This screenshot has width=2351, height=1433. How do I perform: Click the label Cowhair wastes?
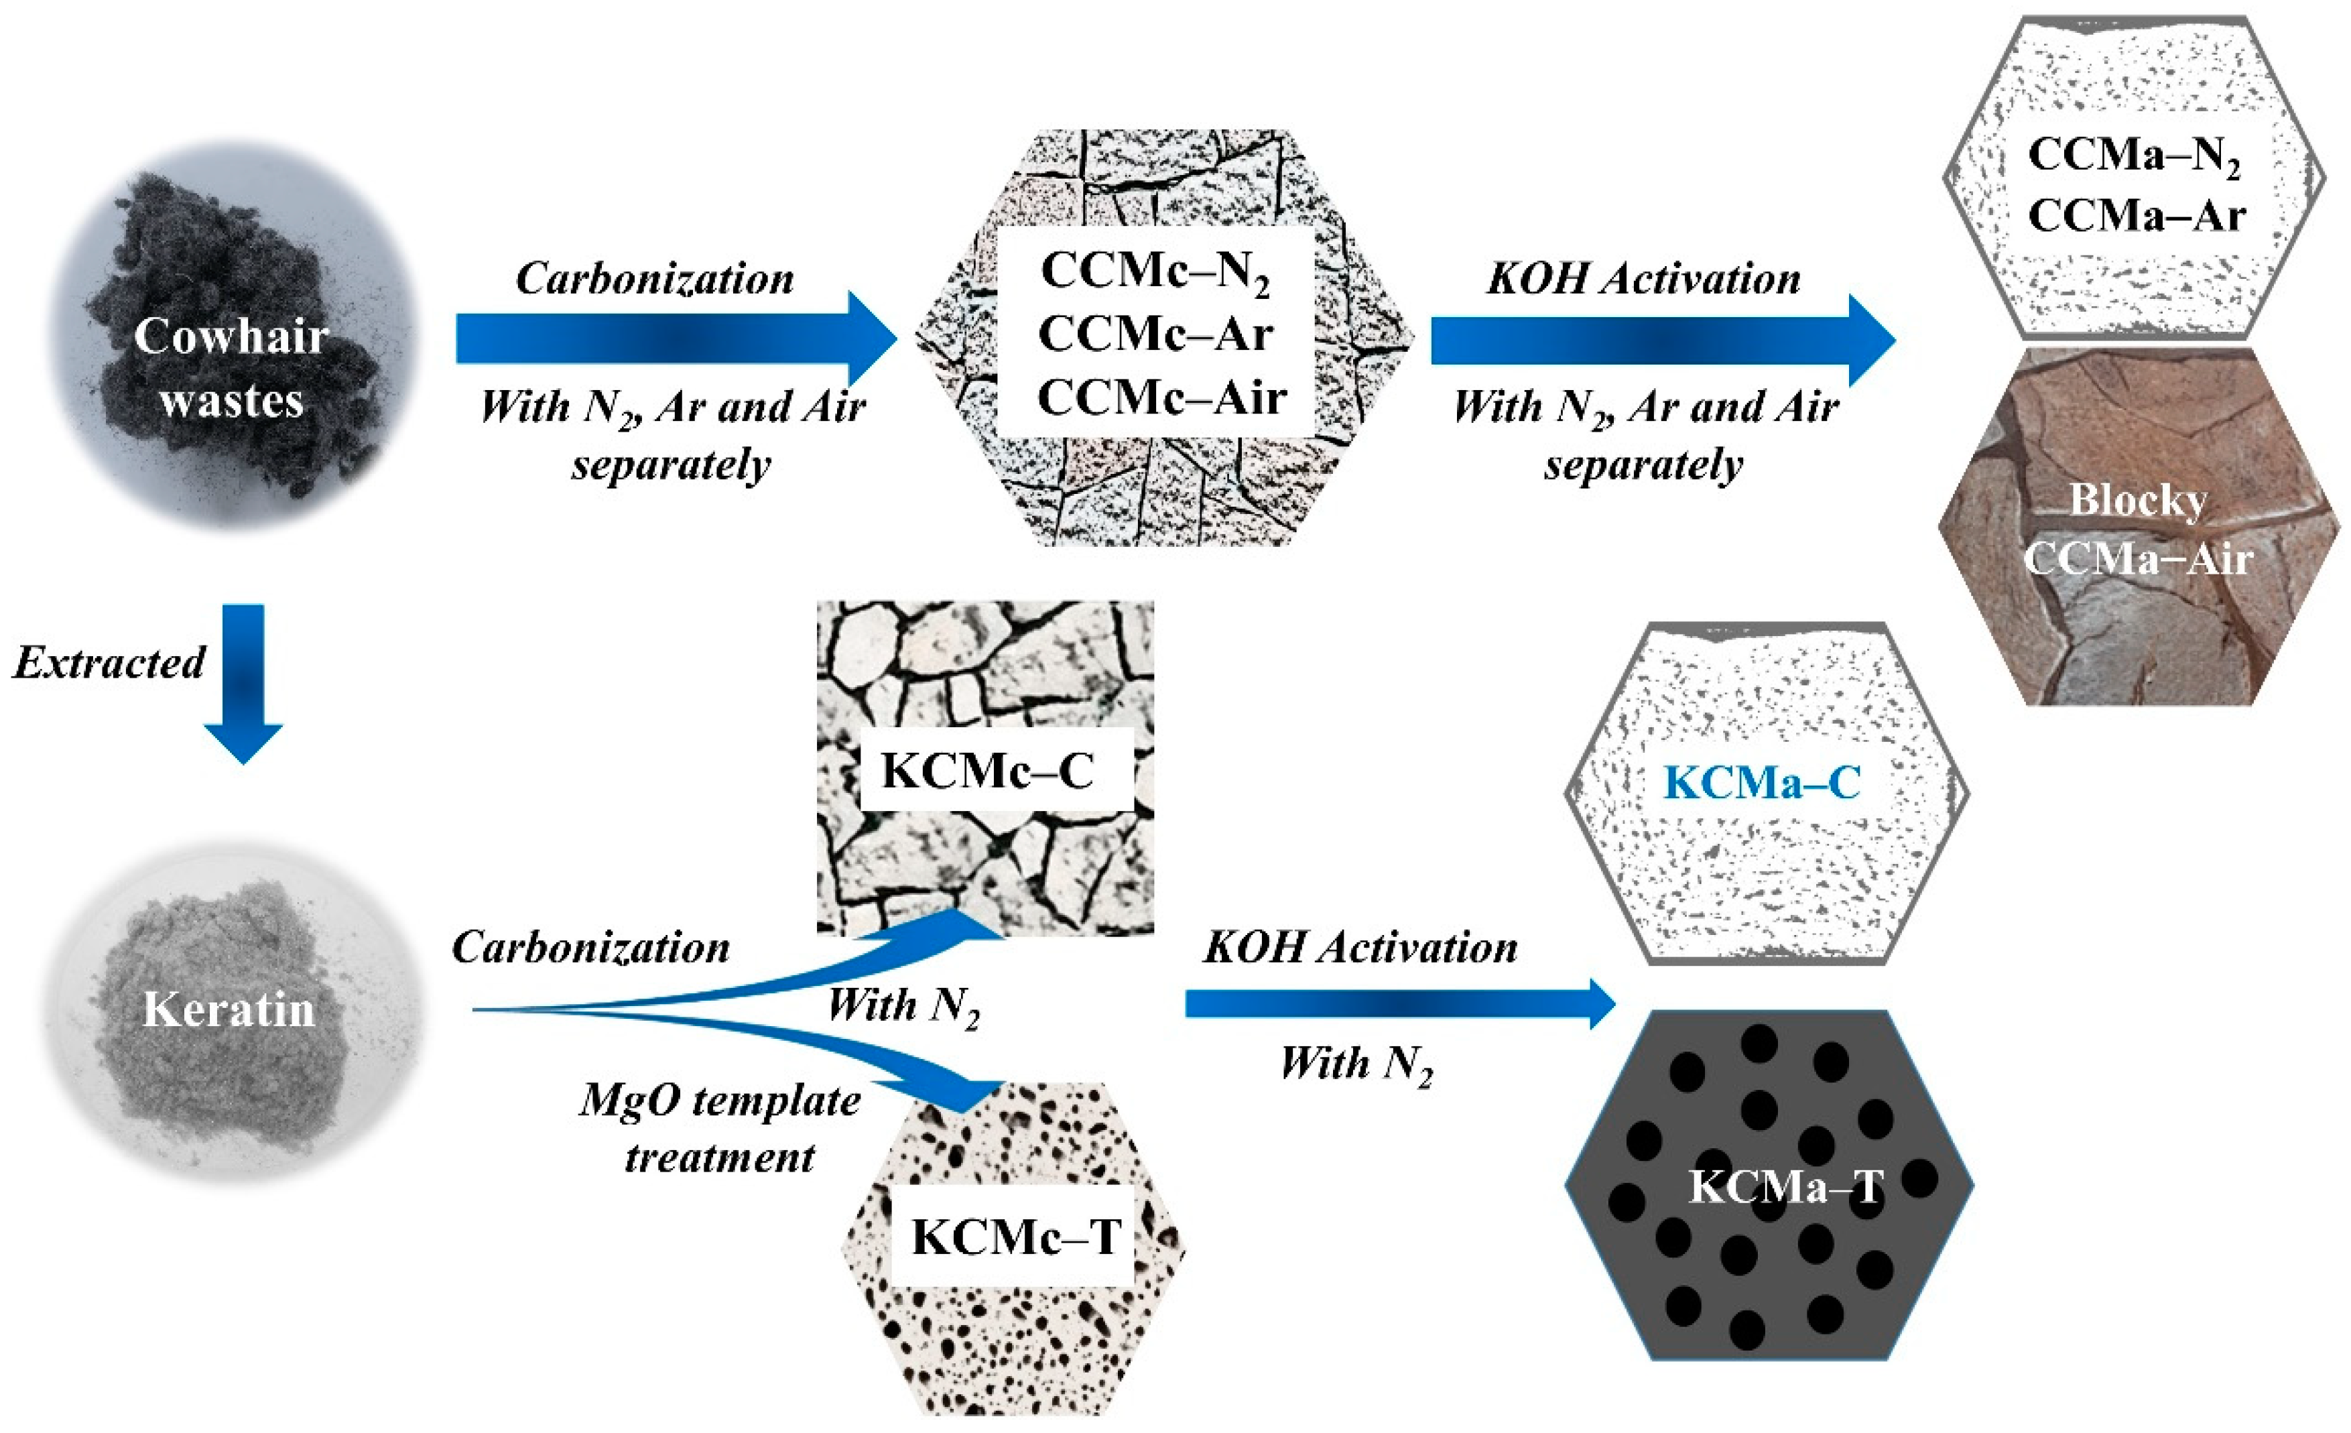coord(231,367)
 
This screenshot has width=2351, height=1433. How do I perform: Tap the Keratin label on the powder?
coord(229,1009)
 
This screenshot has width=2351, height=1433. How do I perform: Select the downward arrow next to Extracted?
coord(243,682)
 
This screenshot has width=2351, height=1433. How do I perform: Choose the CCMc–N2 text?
coord(1155,271)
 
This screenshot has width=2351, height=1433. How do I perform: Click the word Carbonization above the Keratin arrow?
coord(590,947)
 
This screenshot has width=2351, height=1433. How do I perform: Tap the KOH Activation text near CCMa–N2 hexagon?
coord(1643,279)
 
